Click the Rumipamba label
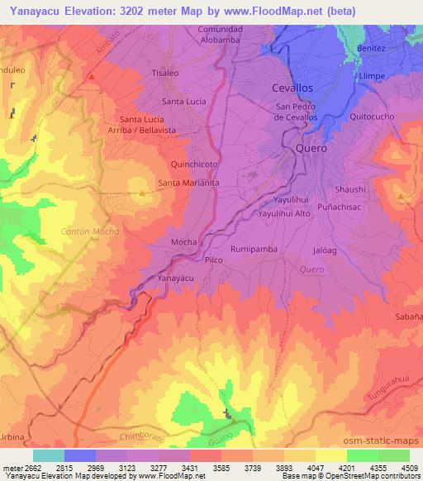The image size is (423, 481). pyautogui.click(x=253, y=248)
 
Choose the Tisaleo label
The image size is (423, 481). pyautogui.click(x=165, y=73)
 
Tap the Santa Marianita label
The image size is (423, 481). pyautogui.click(x=188, y=183)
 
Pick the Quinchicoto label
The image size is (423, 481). pyautogui.click(x=194, y=164)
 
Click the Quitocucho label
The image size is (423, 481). pyautogui.click(x=372, y=117)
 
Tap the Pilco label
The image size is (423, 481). pyautogui.click(x=214, y=260)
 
